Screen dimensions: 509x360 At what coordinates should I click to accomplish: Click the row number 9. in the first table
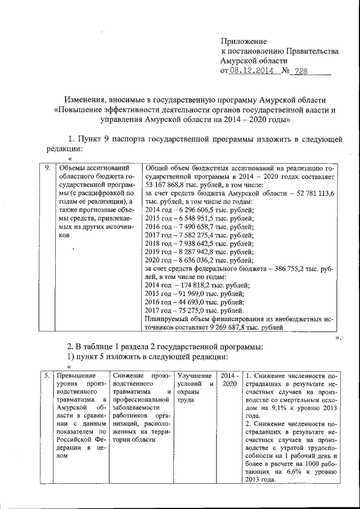pyautogui.click(x=49, y=168)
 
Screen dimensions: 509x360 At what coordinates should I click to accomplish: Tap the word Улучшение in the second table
pyautogui.click(x=193, y=376)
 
